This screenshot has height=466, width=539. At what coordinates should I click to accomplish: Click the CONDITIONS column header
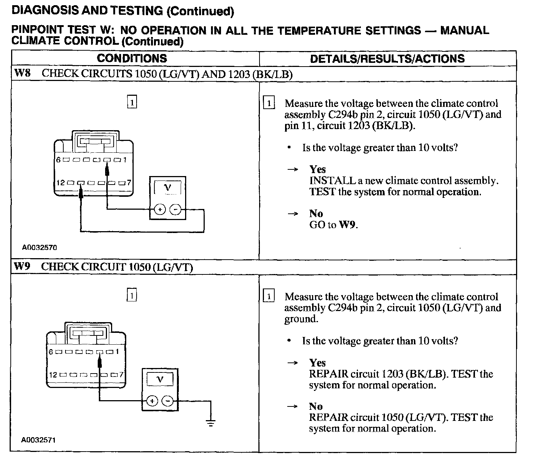point(132,58)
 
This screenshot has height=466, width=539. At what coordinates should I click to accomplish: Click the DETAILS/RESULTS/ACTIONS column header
point(387,58)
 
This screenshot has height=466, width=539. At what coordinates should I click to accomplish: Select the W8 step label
point(22,73)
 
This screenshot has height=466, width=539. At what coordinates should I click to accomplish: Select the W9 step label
point(22,266)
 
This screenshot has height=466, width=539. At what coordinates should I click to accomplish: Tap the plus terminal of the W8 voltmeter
point(160,210)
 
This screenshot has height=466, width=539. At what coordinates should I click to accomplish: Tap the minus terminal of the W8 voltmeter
point(175,210)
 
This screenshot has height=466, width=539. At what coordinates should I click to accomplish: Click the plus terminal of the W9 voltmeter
point(152,401)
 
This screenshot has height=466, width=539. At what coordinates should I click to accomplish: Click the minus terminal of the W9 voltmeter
point(168,401)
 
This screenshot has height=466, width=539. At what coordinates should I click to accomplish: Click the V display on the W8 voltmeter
point(168,188)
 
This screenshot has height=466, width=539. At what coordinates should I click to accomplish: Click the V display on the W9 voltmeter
point(160,379)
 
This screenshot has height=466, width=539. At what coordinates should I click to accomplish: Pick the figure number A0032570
point(39,247)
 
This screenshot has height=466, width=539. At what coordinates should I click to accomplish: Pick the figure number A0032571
point(38,440)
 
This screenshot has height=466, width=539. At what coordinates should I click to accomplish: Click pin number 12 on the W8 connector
point(61,183)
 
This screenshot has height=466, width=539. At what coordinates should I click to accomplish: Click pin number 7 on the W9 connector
point(120,375)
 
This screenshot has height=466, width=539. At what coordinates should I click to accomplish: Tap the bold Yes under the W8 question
point(317,169)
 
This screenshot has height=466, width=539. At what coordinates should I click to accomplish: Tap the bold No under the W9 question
point(316,406)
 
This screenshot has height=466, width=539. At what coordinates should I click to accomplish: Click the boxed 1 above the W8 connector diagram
point(132,102)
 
